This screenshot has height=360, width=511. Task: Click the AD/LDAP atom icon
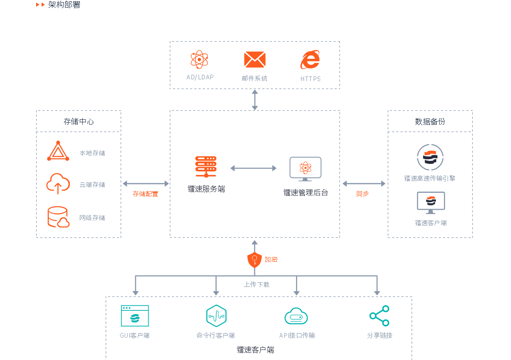pyautogui.click(x=199, y=60)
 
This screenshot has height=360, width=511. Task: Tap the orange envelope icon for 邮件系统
pyautogui.click(x=254, y=60)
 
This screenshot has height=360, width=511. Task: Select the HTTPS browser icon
pyautogui.click(x=310, y=60)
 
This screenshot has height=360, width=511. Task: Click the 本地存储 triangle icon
pyautogui.click(x=58, y=152)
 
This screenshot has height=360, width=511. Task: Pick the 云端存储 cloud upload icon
pyautogui.click(x=58, y=184)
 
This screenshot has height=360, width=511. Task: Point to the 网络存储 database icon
pyautogui.click(x=58, y=217)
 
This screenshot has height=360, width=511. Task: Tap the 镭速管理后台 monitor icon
pyautogui.click(x=305, y=168)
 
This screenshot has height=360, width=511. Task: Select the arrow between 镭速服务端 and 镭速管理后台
pyautogui.click(x=253, y=168)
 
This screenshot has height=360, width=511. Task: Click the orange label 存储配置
pyautogui.click(x=145, y=194)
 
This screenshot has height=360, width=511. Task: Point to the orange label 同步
pyautogui.click(x=362, y=194)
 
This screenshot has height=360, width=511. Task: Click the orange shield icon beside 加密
pyautogui.click(x=254, y=260)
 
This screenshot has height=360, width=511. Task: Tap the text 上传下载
pyautogui.click(x=257, y=284)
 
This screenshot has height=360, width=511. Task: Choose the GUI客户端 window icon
pyautogui.click(x=135, y=316)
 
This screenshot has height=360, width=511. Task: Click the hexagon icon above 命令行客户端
pyautogui.click(x=216, y=316)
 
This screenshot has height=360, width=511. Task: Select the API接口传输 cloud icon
pyautogui.click(x=296, y=316)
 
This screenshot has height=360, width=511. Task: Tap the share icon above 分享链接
pyautogui.click(x=379, y=316)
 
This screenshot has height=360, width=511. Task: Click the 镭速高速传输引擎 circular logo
pyautogui.click(x=430, y=157)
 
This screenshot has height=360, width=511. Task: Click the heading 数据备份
pyautogui.click(x=430, y=121)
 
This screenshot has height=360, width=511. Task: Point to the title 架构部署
pyautogui.click(x=64, y=5)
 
